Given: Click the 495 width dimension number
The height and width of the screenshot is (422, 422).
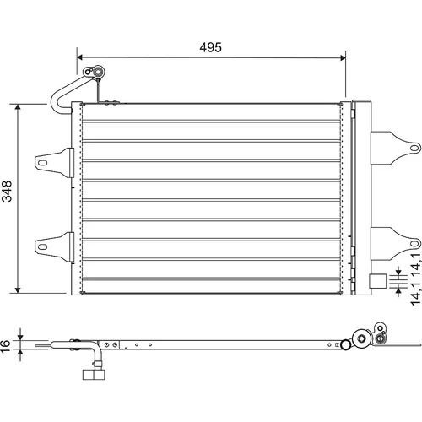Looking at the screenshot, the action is click(210, 47).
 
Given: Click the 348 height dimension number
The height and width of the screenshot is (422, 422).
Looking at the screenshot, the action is click(7, 191).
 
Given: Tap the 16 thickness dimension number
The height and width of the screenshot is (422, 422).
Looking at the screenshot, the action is click(5, 345).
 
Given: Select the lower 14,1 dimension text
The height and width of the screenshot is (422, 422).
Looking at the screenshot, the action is click(415, 295).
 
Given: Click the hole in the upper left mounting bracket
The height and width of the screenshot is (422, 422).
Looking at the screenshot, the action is click(42, 163).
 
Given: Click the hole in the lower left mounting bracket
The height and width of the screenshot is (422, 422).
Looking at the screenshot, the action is click(42, 247).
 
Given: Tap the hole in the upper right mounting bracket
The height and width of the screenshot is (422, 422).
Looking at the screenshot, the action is click(414, 148).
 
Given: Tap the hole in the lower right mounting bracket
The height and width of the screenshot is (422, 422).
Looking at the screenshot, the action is click(414, 244).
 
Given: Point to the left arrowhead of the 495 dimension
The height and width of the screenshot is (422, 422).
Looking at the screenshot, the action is click(79, 57).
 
